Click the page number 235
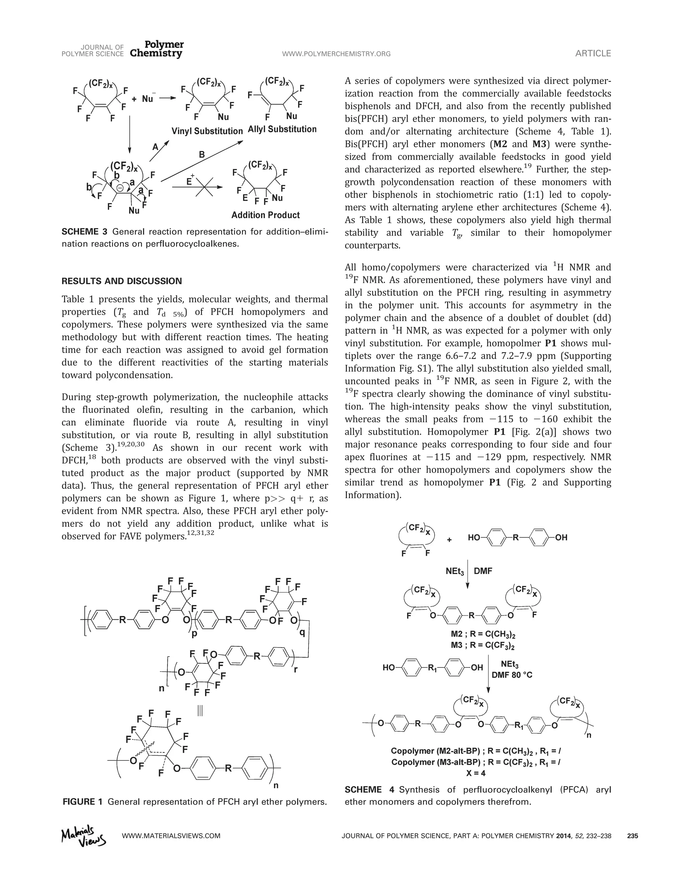coord(632,836)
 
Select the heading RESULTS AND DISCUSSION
coord(122,281)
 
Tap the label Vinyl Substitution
coord(207,131)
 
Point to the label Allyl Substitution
coord(282,129)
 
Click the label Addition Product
coord(265,215)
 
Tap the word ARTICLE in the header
coord(593,54)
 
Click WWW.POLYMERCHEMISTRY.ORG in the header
coord(336,54)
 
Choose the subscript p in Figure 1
coord(195,633)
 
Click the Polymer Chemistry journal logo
coord(157,49)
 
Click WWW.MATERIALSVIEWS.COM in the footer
coord(171,836)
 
